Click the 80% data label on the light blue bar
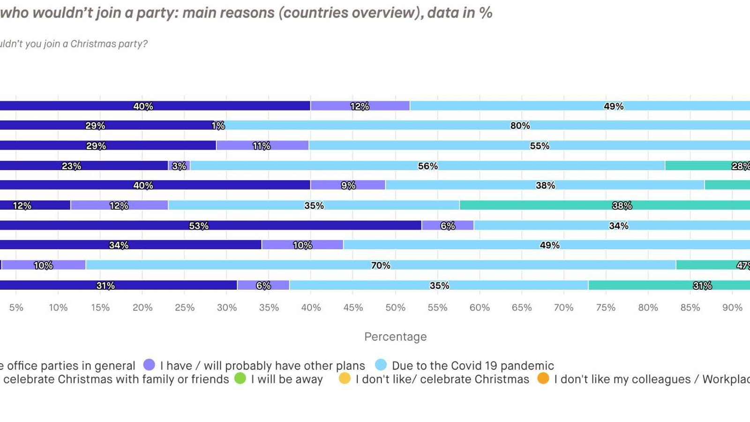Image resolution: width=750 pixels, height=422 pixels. [520, 126]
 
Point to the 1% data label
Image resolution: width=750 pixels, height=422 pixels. [218, 126]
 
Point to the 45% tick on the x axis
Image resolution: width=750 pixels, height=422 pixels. [353, 308]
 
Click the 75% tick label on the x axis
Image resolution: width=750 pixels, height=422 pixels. [606, 308]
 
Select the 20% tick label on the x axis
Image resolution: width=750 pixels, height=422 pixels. [142, 308]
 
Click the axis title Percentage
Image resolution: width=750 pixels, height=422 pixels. [395, 337]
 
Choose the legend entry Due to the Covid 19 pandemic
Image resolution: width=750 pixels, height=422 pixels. [472, 366]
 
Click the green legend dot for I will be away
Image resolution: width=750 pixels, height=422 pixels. [240, 378]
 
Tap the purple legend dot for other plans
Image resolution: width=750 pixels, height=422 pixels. [149, 365]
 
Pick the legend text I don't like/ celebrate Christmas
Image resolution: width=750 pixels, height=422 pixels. [442, 379]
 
